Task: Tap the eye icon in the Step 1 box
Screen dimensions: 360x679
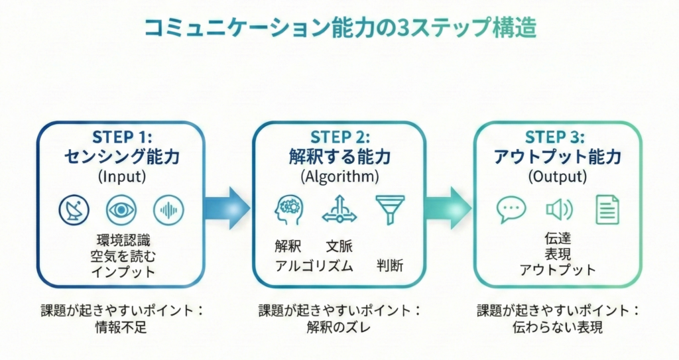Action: click(121, 211)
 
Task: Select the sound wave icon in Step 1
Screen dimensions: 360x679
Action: click(168, 211)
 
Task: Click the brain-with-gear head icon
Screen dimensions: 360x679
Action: click(288, 210)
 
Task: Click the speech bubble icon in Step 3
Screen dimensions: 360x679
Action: click(511, 210)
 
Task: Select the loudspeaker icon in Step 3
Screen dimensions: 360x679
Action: click(558, 210)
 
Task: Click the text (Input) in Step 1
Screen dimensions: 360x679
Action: click(120, 177)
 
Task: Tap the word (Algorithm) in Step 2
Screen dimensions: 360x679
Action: click(339, 177)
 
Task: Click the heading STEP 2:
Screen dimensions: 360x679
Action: click(339, 138)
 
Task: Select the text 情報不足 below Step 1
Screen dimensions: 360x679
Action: click(120, 327)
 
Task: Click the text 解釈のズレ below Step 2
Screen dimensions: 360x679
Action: click(339, 327)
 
